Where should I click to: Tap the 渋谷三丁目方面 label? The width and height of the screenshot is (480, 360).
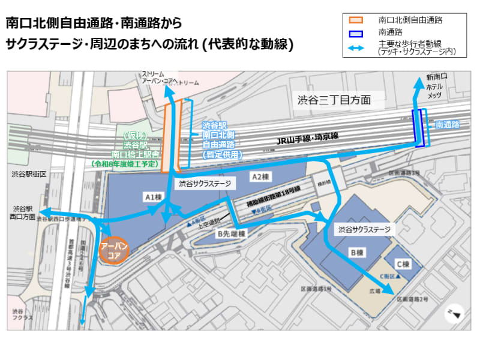click(339, 100)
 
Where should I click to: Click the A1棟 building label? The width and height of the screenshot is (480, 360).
click(154, 196)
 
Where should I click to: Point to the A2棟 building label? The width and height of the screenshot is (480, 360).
click(259, 176)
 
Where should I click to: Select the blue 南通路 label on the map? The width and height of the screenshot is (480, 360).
click(447, 125)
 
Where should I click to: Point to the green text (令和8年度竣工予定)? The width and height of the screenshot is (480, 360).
click(125, 163)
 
